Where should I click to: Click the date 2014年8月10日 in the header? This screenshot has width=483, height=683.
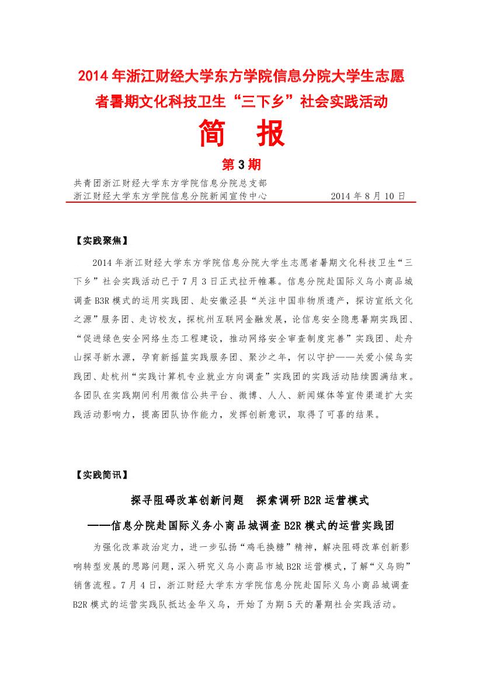(367, 196)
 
